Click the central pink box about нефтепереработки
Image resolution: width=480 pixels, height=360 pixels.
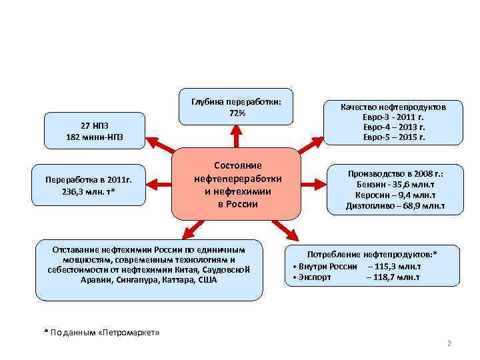point(237,185)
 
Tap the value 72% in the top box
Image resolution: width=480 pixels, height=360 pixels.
point(237,113)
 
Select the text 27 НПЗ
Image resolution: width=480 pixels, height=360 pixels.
point(94,126)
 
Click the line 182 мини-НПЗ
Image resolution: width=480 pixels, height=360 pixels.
point(94,137)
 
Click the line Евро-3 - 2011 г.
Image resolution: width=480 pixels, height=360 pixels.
point(393,117)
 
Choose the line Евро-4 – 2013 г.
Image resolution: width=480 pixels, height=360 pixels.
point(393,127)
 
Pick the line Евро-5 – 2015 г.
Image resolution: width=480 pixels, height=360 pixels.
point(393,137)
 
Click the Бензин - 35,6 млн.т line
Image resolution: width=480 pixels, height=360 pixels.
point(395,184)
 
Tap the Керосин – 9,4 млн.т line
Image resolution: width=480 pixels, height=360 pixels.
point(395,195)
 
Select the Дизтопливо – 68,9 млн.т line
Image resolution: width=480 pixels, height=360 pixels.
point(395,207)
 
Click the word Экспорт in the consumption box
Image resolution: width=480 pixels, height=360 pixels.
point(315,277)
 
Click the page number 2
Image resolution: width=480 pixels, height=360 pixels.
point(449,344)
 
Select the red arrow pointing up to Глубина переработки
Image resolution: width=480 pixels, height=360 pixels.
point(237,137)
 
